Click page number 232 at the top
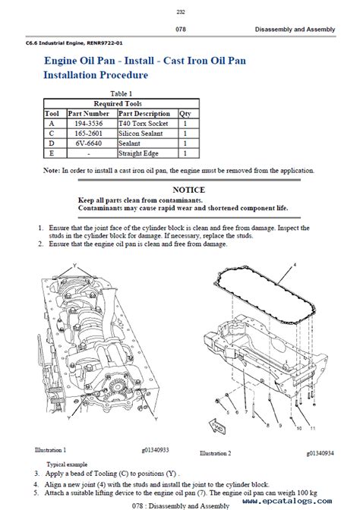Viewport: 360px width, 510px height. coord(180,11)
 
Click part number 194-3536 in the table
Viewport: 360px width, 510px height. coord(89,124)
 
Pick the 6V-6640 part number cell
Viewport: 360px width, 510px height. coord(89,143)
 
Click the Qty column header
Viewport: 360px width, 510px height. coord(185,114)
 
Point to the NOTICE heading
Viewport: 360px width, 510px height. coord(189,190)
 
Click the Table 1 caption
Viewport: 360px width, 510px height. coord(121,93)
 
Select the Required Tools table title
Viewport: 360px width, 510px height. coord(118,104)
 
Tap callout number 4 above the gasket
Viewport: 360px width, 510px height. coord(295,265)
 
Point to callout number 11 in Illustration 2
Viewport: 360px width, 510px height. coord(313,428)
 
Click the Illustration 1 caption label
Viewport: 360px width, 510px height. coord(50,450)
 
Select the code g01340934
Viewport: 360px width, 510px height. coord(321,453)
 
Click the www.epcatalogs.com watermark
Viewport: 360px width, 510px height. coord(287,501)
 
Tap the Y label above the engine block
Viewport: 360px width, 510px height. coord(74,266)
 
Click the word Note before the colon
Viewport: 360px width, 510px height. coord(51,171)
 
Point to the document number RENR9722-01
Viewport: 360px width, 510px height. coord(105,43)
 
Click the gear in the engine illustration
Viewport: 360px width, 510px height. coord(116,387)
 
